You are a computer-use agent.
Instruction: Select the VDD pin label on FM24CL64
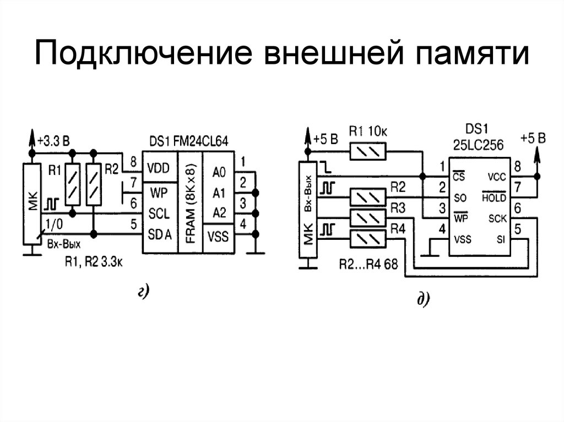point(160,168)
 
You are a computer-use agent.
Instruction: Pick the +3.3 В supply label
point(53,140)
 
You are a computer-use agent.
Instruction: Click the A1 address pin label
point(219,193)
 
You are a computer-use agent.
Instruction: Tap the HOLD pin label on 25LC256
point(493,198)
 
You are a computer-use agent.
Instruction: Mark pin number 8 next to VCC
point(518,166)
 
